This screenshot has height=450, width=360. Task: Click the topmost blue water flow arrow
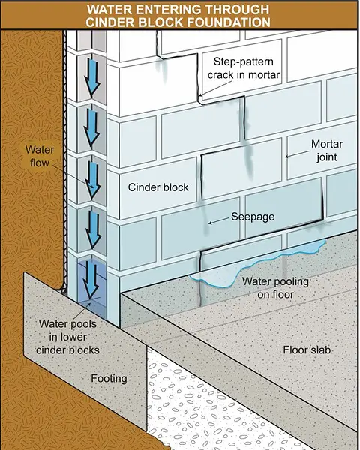[92, 77]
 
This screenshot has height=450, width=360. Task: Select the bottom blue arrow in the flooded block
[91, 279]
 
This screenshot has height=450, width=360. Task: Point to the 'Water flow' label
[40, 157]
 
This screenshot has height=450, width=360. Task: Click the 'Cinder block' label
[158, 187]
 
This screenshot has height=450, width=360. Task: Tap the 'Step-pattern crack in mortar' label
[244, 68]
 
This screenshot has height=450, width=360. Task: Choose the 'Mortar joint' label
[327, 151]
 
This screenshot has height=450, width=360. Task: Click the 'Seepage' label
[253, 217]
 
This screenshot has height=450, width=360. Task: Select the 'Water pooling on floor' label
[275, 287]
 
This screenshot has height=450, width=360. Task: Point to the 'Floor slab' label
[307, 349]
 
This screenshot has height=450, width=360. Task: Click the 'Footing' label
[109, 379]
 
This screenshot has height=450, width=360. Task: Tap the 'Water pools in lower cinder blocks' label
[67, 337]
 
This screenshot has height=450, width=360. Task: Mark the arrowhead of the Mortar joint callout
[286, 157]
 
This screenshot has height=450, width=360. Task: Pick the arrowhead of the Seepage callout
[210, 223]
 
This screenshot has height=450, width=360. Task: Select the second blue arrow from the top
[91, 127]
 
